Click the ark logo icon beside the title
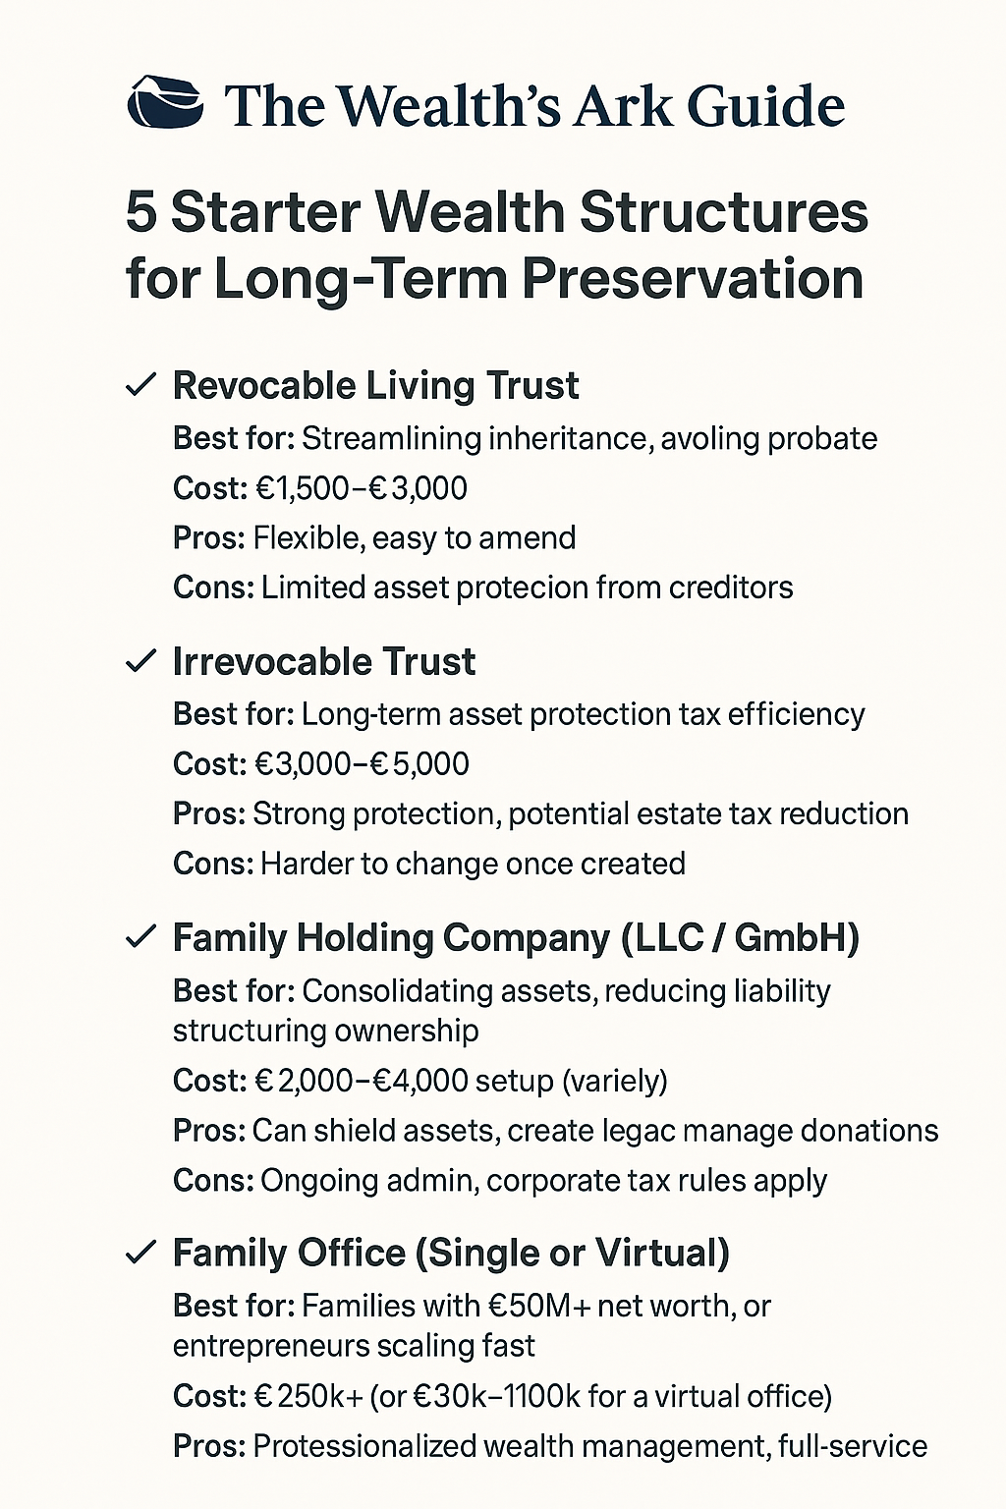tap(165, 103)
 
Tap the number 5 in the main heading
tap(141, 212)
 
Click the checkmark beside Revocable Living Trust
tap(141, 385)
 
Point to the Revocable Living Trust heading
tap(375, 386)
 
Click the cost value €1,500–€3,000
tap(361, 488)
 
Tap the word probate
tap(822, 438)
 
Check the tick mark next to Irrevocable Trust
tap(141, 661)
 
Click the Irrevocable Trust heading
tap(323, 662)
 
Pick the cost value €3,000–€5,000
tap(362, 764)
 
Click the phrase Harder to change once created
tap(473, 864)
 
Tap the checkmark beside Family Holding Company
tap(141, 937)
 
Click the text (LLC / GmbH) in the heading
tap(740, 938)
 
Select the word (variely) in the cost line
tap(614, 1081)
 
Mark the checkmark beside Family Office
tap(141, 1253)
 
